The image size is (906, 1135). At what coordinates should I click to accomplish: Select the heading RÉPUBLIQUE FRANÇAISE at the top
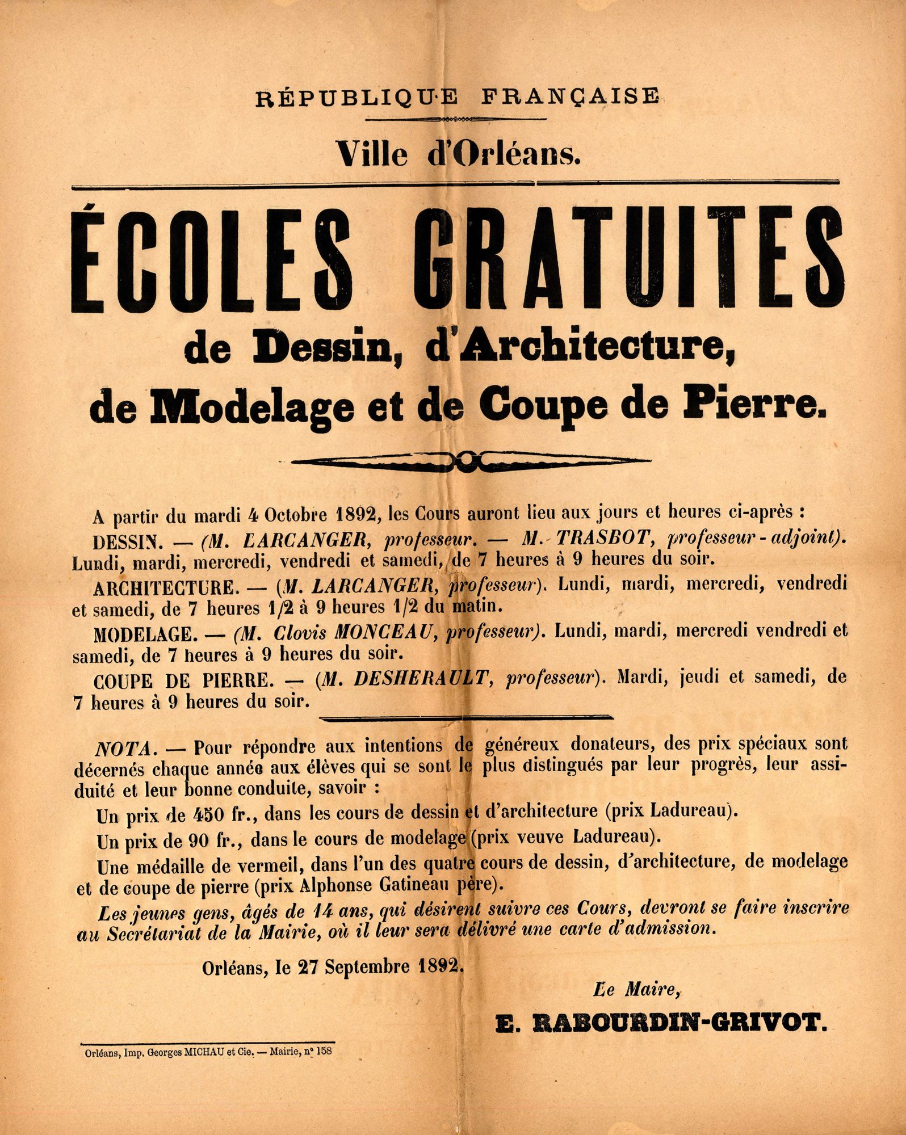[457, 97]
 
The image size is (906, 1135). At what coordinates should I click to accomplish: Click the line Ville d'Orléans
[458, 154]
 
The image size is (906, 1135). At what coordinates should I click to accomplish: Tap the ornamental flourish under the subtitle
[470, 461]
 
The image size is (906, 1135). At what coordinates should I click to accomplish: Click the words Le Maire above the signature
[636, 990]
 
